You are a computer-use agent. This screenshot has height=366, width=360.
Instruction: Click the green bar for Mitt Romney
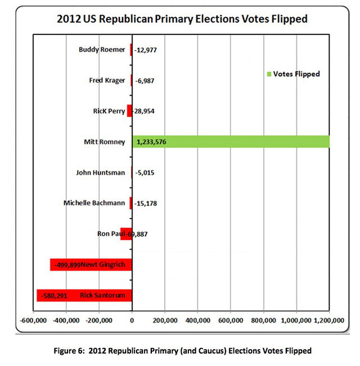pos(231,142)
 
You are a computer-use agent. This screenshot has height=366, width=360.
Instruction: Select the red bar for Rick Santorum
pos(84,295)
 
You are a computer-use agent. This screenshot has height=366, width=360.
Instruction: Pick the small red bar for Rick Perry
pos(129,111)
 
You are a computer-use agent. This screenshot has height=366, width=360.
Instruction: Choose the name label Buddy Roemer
pos(102,49)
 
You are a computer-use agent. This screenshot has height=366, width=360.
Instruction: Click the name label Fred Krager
pos(107,80)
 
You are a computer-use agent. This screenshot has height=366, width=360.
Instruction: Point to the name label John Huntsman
pos(100,172)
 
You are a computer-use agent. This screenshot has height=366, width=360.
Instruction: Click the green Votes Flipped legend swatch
pos(269,74)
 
